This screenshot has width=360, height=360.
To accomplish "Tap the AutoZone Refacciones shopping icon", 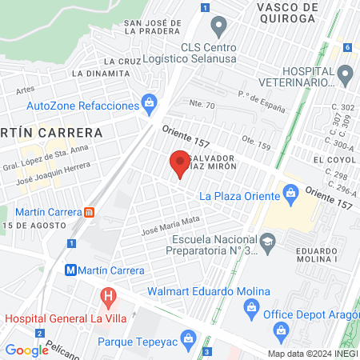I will (149, 103).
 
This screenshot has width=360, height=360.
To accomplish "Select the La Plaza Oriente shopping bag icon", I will (290, 193).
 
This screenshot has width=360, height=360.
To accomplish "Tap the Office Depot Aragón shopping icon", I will (280, 330).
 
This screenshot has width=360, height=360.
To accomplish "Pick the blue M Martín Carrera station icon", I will (72, 270).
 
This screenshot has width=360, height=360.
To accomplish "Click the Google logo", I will (26, 350).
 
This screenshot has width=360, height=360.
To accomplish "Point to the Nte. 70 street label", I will (202, 105).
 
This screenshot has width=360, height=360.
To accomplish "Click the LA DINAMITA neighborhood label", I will (101, 74).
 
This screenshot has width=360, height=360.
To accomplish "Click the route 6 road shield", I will (348, 47).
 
